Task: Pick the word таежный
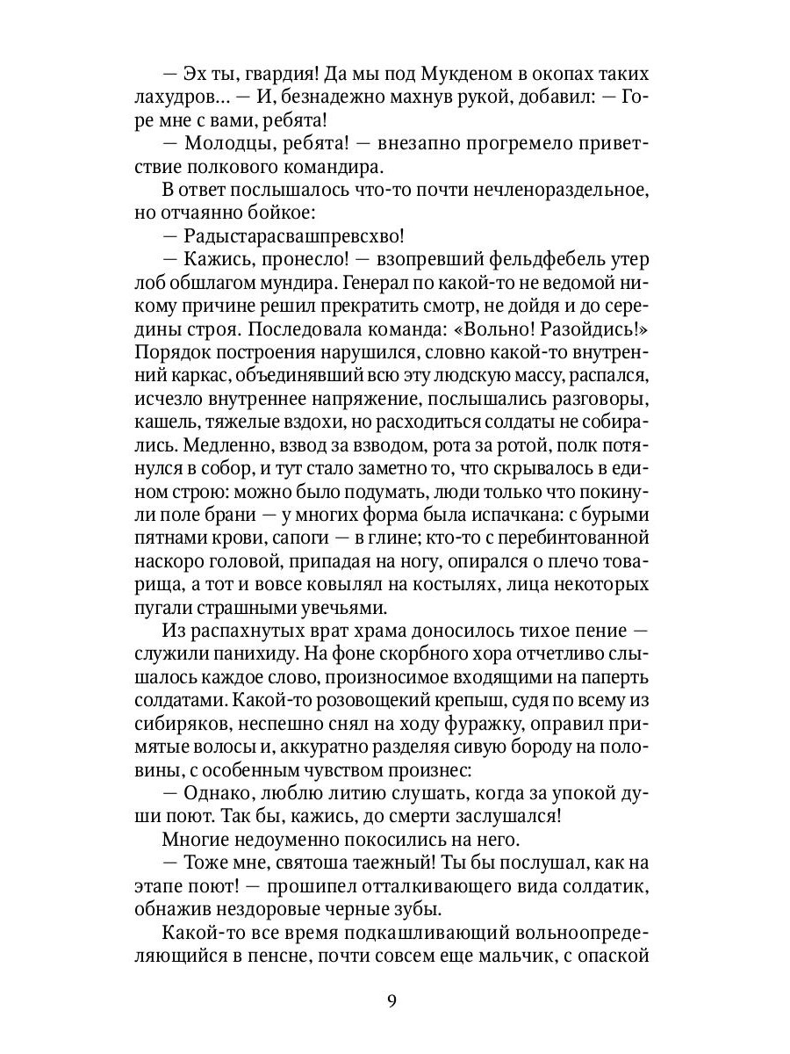click(x=388, y=866)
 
